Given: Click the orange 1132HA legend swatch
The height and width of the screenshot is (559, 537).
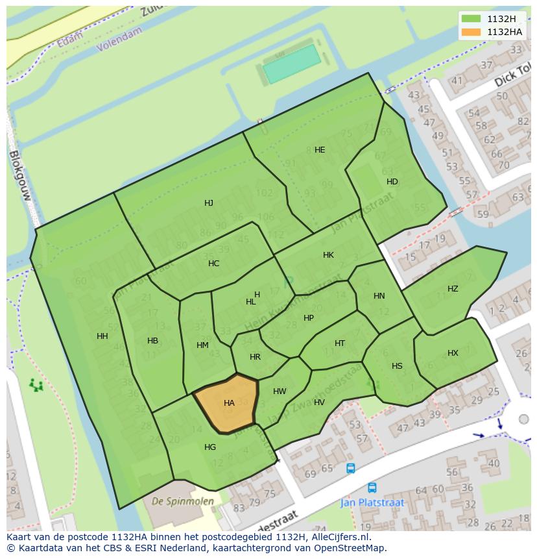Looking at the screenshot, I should pos(471,32).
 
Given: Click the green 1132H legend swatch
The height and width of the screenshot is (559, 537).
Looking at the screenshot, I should pos(471,19).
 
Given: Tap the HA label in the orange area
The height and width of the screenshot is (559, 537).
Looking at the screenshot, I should pos(229,403).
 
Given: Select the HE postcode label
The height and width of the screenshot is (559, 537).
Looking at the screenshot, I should pos(320,150).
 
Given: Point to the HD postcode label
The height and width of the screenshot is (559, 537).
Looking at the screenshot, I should pos(392,182).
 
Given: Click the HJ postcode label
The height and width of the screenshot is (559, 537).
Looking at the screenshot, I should pos(209,203).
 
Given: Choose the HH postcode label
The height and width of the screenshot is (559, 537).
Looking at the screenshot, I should pos(102,336).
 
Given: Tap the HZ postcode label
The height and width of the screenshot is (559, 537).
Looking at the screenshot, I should pos(453,289).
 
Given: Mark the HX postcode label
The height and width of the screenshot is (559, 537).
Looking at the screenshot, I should pos(453,353).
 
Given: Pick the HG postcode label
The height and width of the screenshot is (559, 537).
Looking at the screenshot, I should pos(210,447).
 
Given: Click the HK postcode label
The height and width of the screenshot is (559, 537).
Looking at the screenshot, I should pos(328,255).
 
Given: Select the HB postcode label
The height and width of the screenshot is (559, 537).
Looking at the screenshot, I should pos(152,341).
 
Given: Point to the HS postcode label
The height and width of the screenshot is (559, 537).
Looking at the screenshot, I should pos(397,366).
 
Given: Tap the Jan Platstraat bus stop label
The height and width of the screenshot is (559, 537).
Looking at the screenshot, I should pos(372,503).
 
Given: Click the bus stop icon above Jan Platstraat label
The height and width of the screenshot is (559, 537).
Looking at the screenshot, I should pos(372,488).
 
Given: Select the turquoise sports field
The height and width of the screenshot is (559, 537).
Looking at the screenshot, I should pos(292,64).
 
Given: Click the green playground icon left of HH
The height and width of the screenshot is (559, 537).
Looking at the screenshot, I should pos(36,386).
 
